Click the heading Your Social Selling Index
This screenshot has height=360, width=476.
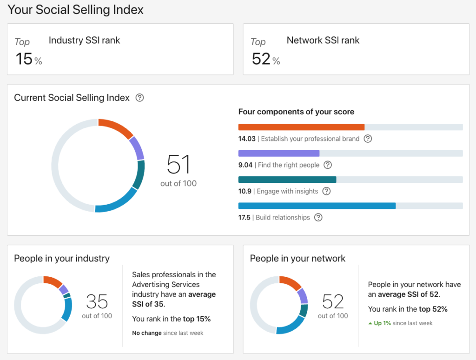click(76, 9)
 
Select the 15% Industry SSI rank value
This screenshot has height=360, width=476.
click(28, 59)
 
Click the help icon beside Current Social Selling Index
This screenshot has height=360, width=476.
click(139, 98)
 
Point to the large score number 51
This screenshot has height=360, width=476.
click(178, 165)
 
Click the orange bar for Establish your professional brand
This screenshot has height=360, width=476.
click(301, 127)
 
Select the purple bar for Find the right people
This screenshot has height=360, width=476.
click(278, 153)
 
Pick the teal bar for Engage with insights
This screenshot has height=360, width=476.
click(287, 180)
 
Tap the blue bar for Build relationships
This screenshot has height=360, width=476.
click(317, 206)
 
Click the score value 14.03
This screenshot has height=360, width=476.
click(247, 139)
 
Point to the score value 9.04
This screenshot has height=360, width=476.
click(245, 165)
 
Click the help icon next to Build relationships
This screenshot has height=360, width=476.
click(318, 217)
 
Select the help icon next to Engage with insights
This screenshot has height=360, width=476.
click(326, 191)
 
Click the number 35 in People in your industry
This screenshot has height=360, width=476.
click(97, 302)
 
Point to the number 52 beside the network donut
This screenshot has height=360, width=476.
click(333, 302)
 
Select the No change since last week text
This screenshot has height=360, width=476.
click(167, 333)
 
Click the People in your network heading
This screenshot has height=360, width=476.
click(297, 259)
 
